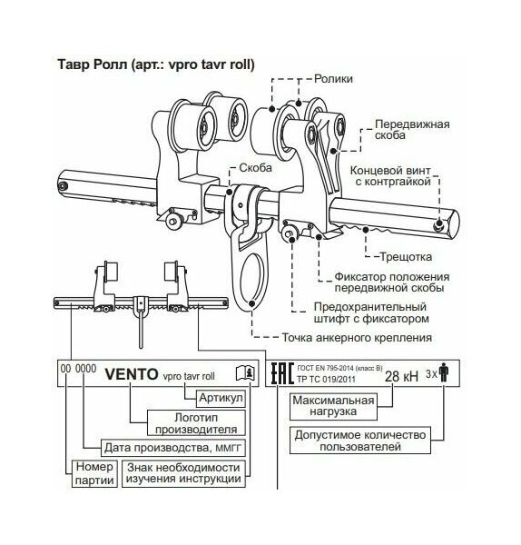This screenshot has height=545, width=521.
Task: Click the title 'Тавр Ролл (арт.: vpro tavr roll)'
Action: click(156, 64)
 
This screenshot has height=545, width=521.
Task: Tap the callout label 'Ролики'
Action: click(333, 79)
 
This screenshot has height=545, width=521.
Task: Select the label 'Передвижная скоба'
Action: click(412, 130)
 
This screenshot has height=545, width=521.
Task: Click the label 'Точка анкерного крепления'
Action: click(357, 338)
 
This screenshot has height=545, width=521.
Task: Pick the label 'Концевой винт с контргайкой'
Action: click(390, 176)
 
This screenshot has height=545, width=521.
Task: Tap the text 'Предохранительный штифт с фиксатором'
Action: click(371, 312)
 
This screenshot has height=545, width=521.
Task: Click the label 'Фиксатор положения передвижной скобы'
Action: click(392, 282)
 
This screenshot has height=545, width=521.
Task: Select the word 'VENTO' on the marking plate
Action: click(132, 374)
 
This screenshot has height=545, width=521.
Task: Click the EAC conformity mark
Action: click(282, 373)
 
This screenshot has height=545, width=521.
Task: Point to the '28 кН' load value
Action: click(401, 376)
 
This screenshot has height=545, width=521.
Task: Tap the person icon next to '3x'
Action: click(444, 372)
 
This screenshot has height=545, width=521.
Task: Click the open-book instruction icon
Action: click(245, 373)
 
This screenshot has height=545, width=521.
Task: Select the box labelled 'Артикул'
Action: click(221, 399)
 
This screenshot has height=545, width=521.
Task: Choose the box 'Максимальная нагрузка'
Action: click(333, 406)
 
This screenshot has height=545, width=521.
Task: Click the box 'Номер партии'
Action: click(94, 473)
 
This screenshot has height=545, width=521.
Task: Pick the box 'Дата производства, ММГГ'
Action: click(172, 448)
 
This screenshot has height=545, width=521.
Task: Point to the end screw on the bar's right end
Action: click(440, 224)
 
